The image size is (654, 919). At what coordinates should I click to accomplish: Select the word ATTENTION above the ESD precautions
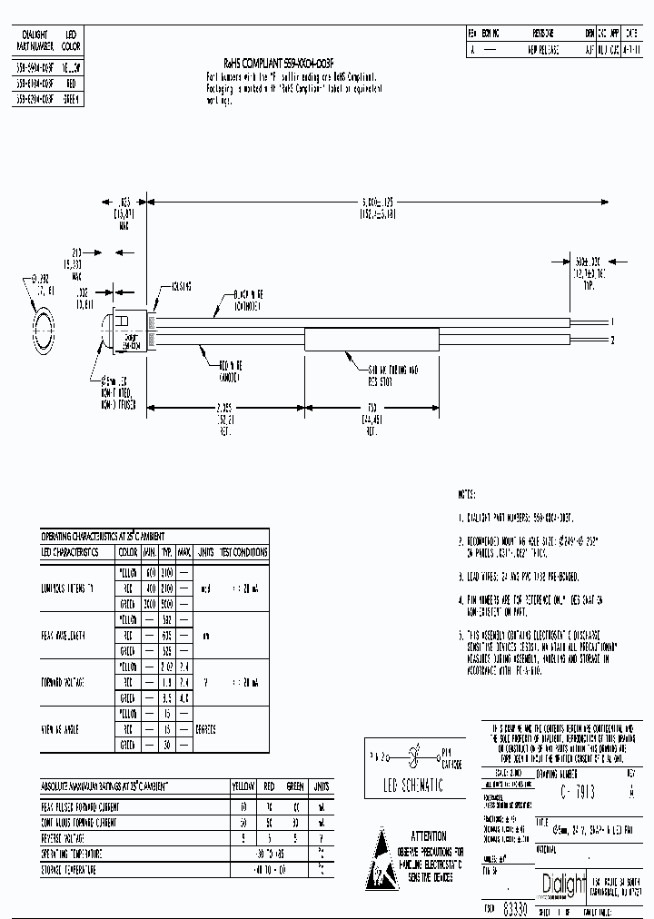(428, 835)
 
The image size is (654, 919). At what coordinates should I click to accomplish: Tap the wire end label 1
(612, 321)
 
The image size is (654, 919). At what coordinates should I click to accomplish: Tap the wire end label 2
(612, 341)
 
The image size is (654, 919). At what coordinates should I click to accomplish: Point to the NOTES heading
(467, 495)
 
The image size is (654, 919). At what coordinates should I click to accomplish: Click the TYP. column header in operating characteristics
(167, 551)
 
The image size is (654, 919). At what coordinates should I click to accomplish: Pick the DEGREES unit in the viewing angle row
(206, 729)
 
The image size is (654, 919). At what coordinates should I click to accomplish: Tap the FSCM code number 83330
(513, 907)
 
